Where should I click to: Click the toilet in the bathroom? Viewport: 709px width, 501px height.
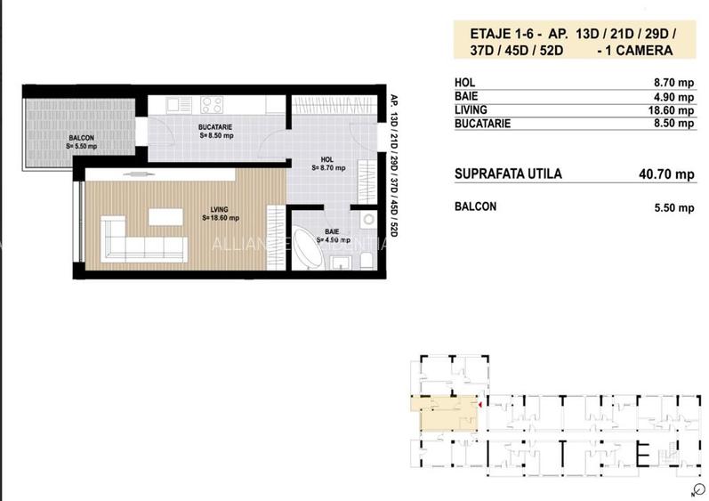[x=365, y=259]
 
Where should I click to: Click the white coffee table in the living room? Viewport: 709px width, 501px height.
[x=163, y=217]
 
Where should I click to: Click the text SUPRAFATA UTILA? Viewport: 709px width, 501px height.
[x=508, y=174]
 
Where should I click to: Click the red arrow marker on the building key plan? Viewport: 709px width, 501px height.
[x=479, y=406]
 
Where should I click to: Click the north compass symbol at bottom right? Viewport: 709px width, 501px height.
[x=693, y=489]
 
